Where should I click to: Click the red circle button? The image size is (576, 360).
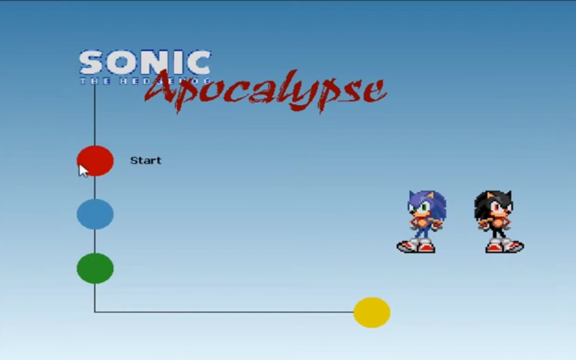point(96,160)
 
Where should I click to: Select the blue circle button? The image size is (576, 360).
point(95,214)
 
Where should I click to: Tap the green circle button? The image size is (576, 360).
point(95,269)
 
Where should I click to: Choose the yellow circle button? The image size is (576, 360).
point(372,313)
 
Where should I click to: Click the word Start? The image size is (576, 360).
point(146,160)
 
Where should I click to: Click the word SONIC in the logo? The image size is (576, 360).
point(145,63)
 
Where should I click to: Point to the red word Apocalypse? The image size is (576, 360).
point(265,90)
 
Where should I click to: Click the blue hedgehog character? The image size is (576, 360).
point(423,221)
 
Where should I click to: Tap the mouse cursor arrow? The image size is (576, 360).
point(82,169)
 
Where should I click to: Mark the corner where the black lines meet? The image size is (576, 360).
point(95,312)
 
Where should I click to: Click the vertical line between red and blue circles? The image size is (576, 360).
point(95,187)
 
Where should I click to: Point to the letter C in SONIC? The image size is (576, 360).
point(200,63)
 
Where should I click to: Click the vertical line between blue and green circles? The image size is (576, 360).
point(95,241)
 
